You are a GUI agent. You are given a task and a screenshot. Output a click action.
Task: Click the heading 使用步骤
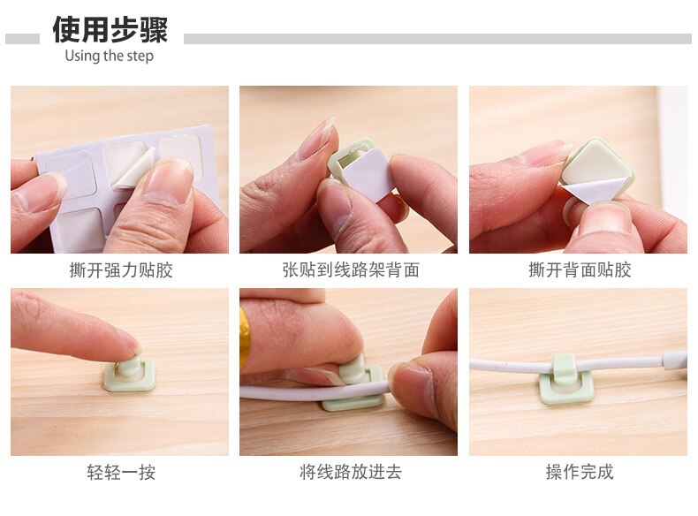click(110, 29)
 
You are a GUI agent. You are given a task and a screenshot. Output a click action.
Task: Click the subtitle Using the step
click(109, 57)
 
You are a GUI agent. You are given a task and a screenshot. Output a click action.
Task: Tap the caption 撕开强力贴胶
click(121, 270)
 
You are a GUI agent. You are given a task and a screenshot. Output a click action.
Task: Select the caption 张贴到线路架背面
click(350, 270)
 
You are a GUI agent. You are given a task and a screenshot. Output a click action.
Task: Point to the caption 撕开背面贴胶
click(580, 270)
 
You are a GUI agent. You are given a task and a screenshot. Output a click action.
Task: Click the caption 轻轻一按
click(121, 472)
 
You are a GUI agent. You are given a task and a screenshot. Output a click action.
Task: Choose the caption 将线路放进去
click(350, 472)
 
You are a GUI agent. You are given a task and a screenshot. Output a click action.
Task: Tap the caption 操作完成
click(580, 472)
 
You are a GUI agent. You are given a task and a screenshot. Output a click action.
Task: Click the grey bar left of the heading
click(22, 39)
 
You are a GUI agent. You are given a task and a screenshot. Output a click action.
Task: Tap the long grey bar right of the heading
click(437, 39)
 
